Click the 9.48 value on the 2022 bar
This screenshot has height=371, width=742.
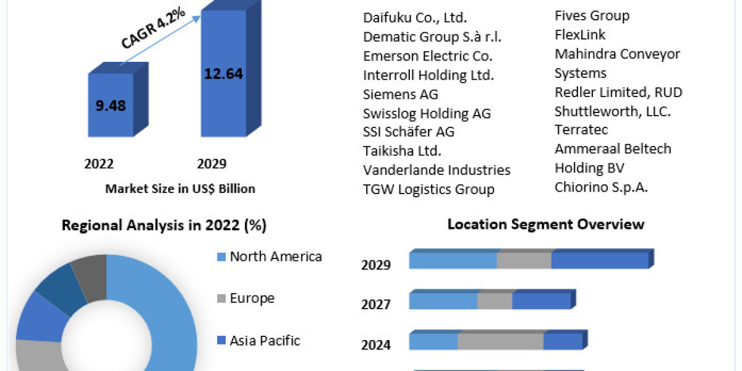111,106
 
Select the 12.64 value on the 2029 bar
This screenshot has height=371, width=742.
223,74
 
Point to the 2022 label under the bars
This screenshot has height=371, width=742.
99,164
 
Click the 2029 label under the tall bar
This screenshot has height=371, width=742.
211,164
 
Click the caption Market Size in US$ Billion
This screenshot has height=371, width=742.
180,189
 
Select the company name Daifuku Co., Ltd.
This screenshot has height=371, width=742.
415,17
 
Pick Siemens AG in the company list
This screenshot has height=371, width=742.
400,94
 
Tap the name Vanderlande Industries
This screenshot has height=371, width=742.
437,170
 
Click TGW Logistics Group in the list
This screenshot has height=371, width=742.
429,189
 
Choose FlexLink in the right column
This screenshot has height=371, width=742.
580,35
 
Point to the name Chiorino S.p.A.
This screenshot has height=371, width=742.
601,187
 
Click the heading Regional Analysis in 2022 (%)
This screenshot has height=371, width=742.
164,226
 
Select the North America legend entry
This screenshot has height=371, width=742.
275,256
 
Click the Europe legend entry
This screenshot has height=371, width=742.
252,298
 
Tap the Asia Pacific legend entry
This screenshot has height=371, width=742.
265,340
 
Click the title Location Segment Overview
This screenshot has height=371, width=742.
545,224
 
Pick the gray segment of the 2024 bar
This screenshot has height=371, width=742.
500,341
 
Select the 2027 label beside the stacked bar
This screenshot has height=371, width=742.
376,305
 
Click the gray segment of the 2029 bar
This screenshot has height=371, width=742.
524,260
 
